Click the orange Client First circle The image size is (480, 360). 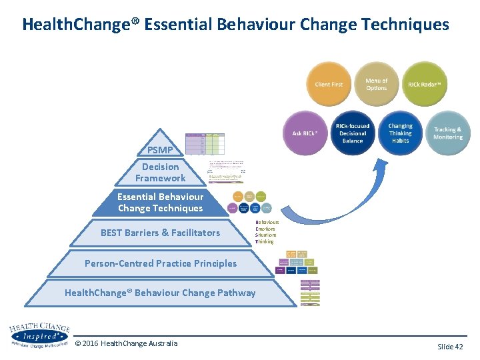(329, 85)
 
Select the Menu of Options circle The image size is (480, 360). (376, 85)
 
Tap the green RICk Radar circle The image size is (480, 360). (425, 85)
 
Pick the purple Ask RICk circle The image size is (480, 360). (305, 133)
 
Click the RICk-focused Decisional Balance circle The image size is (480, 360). (353, 132)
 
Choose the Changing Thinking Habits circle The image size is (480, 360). (401, 132)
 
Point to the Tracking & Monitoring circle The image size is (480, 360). (447, 132)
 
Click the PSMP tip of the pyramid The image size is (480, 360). (160, 149)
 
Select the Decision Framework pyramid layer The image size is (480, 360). (160, 173)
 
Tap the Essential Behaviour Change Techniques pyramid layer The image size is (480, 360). (160, 203)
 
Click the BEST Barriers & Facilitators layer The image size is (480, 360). (160, 233)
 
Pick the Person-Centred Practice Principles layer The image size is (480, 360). (160, 263)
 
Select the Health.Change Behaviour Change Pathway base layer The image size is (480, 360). (160, 293)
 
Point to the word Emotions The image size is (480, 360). (265, 229)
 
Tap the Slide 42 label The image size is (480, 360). (450, 346)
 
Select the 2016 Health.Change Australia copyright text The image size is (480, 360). (127, 343)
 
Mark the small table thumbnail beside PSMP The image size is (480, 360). (205, 143)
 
